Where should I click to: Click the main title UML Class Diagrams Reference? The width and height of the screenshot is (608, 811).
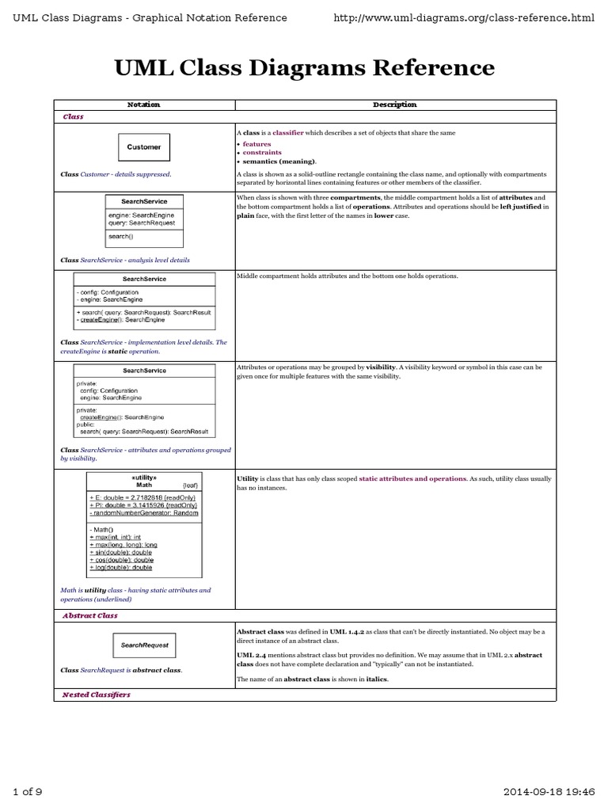pos(304,68)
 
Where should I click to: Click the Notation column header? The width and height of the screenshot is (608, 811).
pos(143,105)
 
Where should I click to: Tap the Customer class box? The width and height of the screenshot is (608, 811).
pos(143,147)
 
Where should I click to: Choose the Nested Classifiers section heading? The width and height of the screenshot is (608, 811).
pos(96,694)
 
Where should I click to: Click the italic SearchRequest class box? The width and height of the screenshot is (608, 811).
pos(144,645)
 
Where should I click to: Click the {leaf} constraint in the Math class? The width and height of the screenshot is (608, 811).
pos(191,485)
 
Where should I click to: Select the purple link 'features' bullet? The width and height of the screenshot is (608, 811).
pos(256,144)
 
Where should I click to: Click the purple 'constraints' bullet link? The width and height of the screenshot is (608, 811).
pos(262,152)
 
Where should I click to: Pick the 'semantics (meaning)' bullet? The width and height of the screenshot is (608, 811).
pos(275,161)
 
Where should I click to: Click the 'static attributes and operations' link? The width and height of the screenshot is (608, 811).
pos(412,479)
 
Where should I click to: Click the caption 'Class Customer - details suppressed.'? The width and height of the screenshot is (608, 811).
pos(116,174)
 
